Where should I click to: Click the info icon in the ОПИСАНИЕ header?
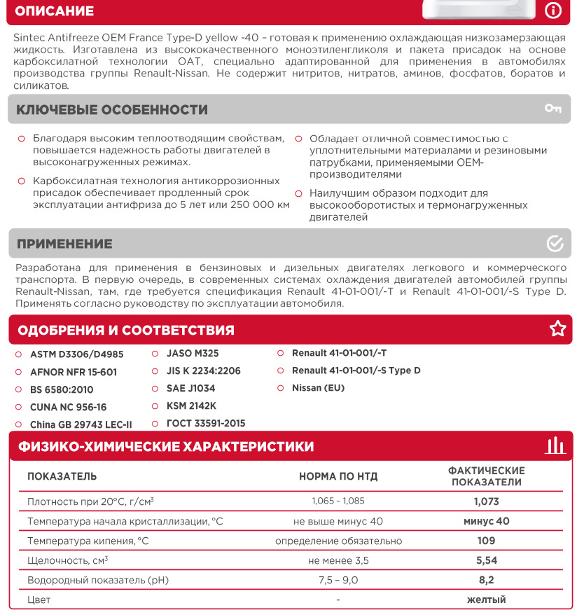tap(553, 10)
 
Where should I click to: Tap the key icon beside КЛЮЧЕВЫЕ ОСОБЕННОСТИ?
tap(553, 109)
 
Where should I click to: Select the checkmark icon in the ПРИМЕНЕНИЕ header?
tap(555, 243)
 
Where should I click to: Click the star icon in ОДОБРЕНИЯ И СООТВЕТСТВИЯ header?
tap(557, 329)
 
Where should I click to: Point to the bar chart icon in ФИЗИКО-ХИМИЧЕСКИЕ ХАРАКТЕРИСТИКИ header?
tap(555, 445)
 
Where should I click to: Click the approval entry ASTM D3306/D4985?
tap(76, 354)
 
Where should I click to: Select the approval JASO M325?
tap(193, 354)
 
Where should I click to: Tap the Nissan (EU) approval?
tap(318, 388)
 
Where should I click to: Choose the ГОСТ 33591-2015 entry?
tap(206, 424)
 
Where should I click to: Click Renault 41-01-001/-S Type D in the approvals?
tap(356, 370)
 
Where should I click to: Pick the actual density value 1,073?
tap(486, 501)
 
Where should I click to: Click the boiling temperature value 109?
tap(486, 541)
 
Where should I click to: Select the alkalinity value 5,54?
tap(486, 560)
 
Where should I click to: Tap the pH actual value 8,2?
tap(486, 580)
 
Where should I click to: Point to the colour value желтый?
tap(486, 599)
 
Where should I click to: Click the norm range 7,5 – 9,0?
tap(338, 580)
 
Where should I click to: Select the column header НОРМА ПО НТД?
tap(338, 477)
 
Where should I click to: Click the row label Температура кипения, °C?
tap(88, 541)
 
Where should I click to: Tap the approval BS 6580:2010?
tap(62, 389)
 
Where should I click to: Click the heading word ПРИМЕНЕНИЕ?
tap(64, 244)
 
